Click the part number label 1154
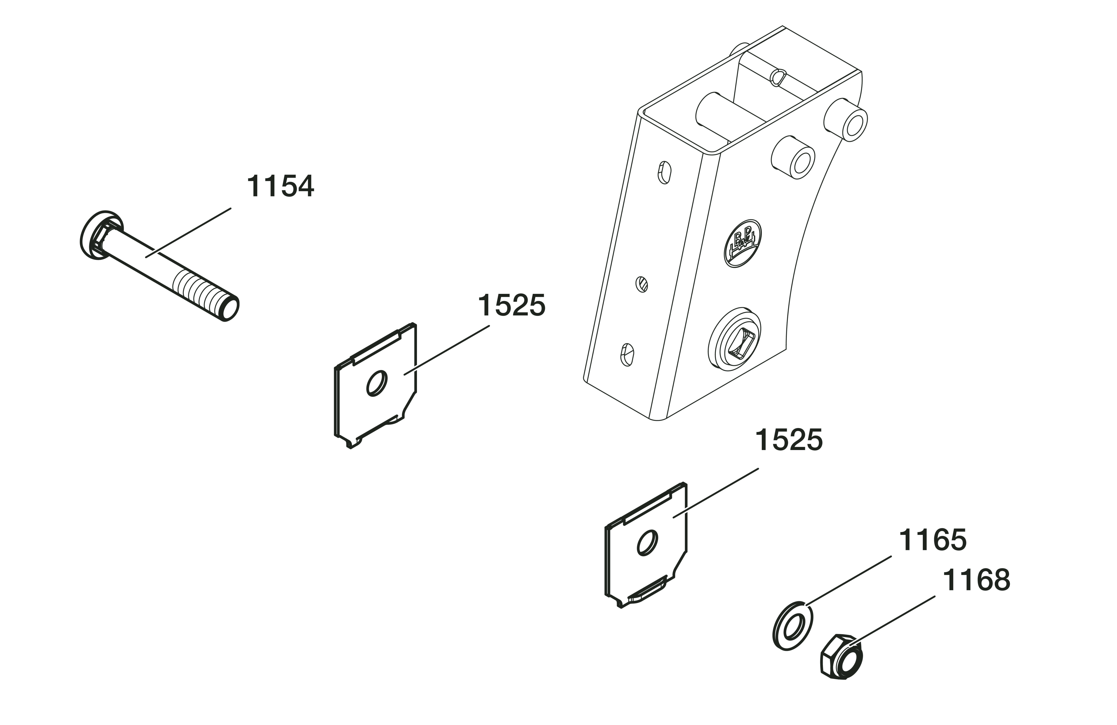pos(280,186)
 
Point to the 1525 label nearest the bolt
pos(512,305)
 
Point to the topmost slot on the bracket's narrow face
pos(664,172)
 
